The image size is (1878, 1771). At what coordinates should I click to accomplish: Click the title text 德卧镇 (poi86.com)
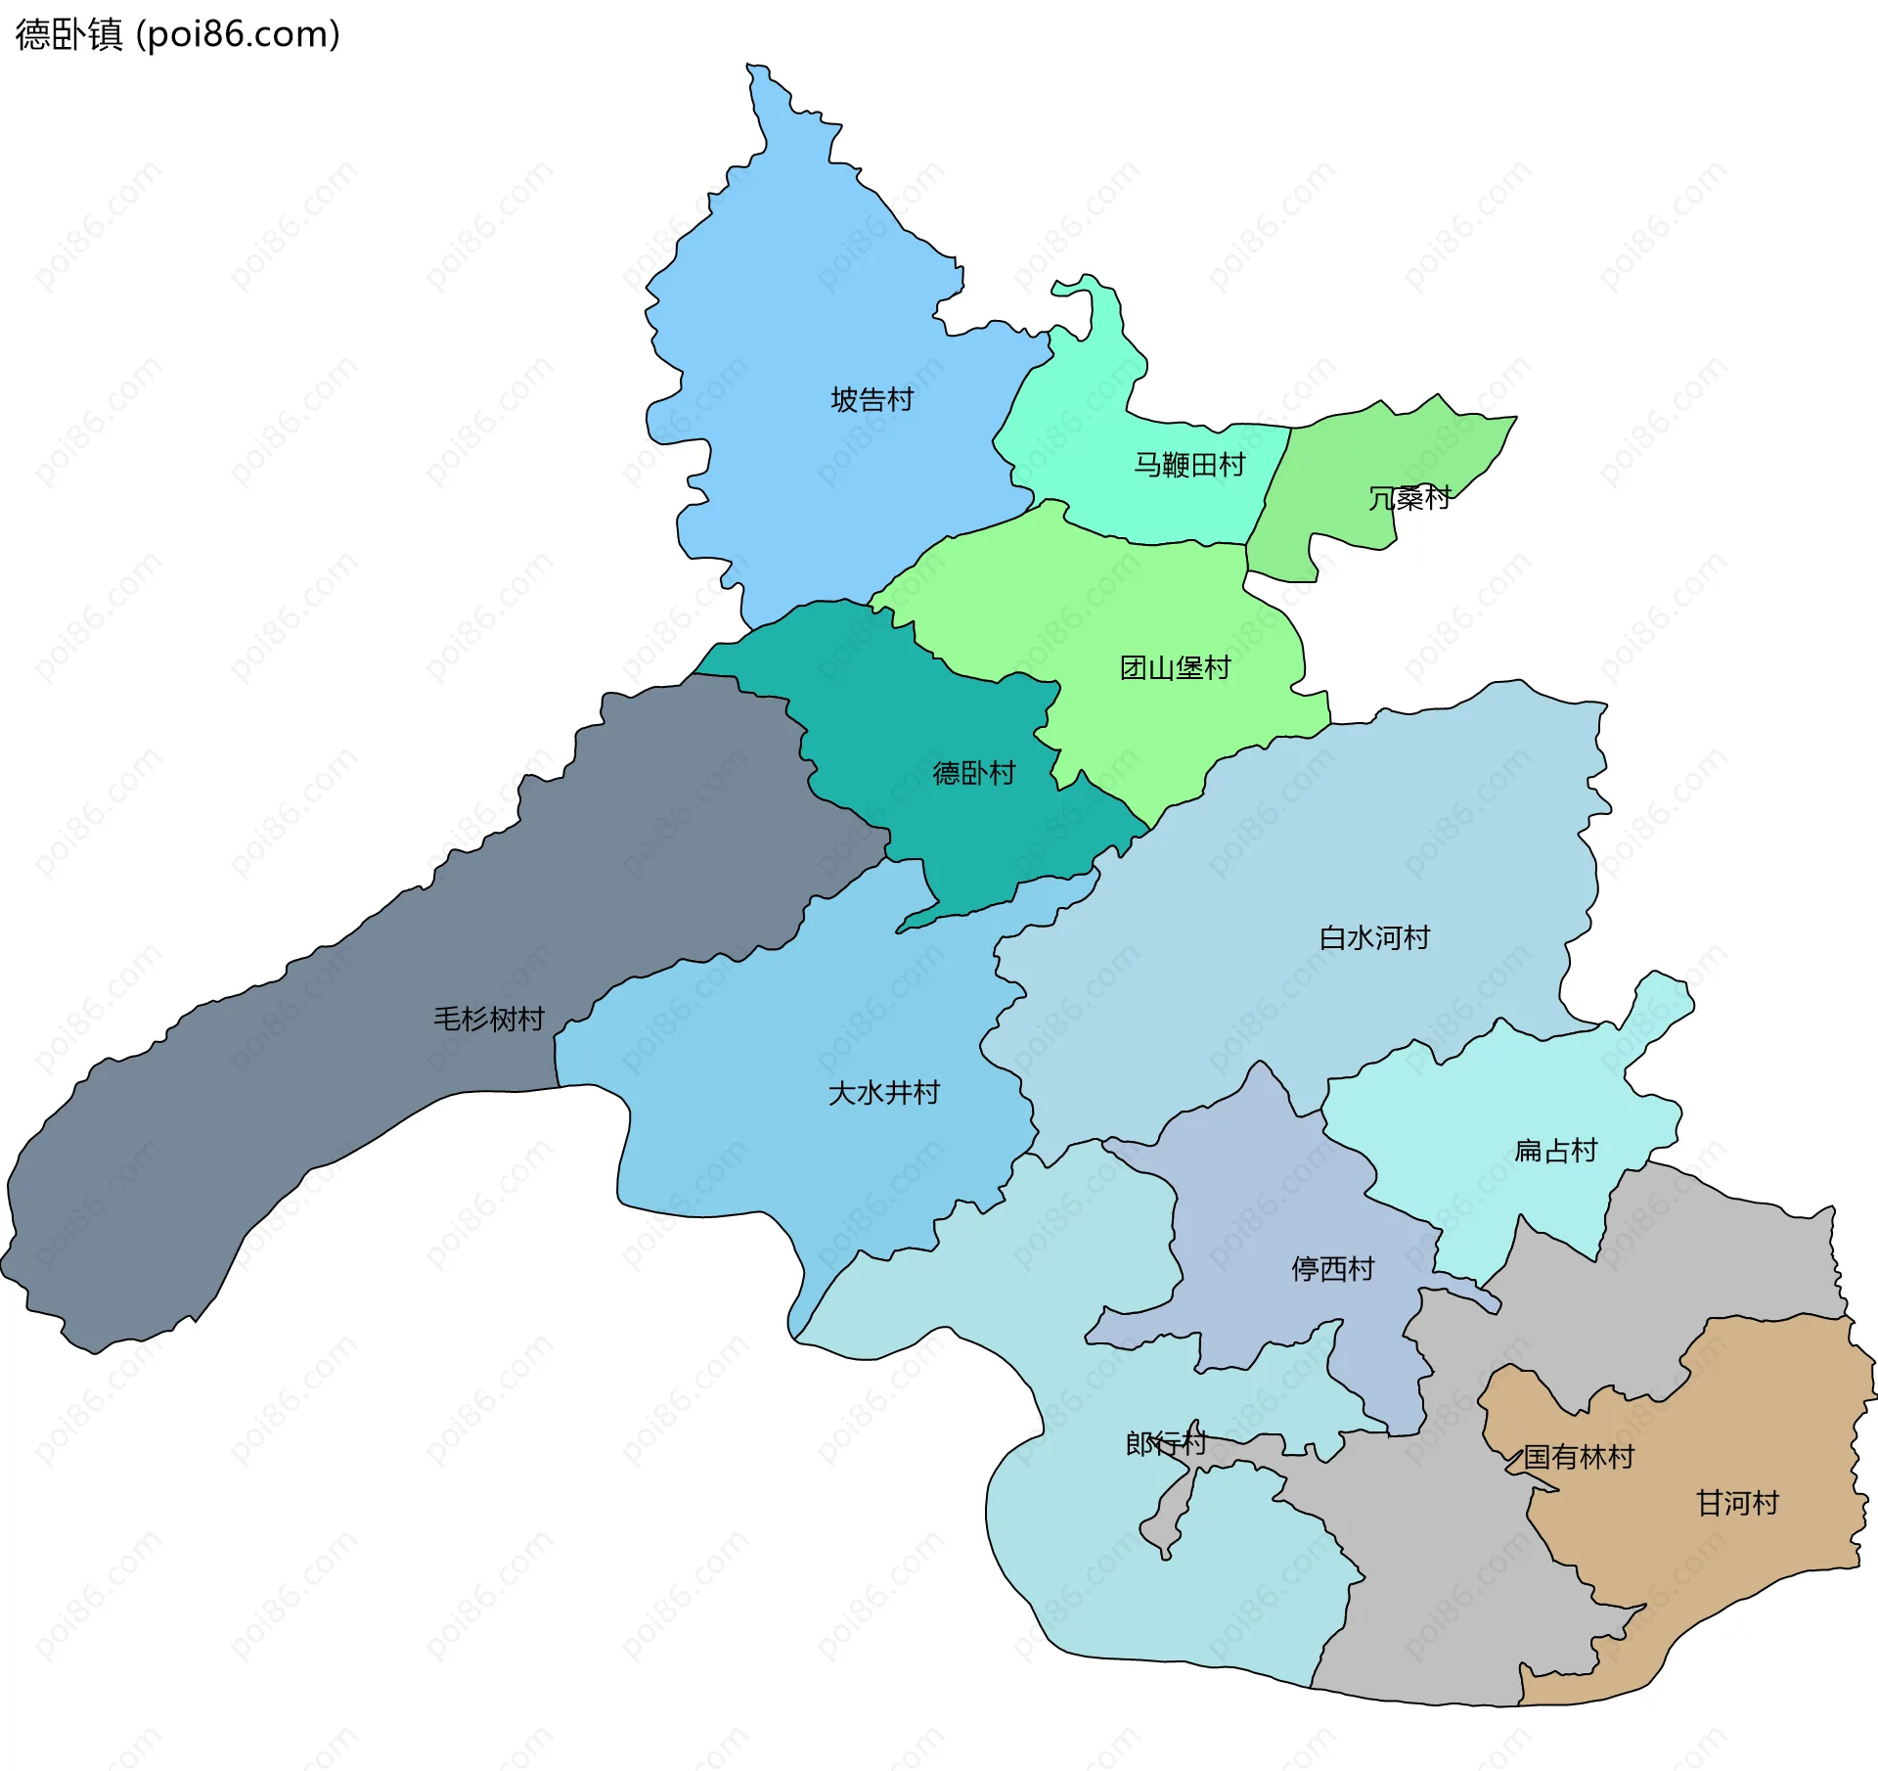pos(178,34)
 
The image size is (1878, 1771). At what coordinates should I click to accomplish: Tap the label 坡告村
pos(872,400)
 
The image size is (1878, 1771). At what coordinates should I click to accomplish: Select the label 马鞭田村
pos(1189,465)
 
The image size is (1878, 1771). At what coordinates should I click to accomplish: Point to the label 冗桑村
pos(1408,498)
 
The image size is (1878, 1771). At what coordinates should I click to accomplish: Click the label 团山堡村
pos(1175,668)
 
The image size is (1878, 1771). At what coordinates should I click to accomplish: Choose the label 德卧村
pos(974,774)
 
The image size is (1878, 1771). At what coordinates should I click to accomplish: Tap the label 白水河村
pos(1374,938)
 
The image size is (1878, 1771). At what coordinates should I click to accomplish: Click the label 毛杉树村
pos(489,1020)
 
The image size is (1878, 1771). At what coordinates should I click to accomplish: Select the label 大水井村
pos(883,1093)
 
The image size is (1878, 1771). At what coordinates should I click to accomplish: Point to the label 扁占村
pos(1555,1151)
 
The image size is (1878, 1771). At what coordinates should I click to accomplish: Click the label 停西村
pos(1333,1270)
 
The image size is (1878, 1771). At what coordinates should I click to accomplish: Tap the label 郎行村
pos(1165,1444)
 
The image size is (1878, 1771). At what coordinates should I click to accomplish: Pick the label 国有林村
pos(1579,1458)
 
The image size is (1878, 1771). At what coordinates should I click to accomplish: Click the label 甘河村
pos(1737,1504)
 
